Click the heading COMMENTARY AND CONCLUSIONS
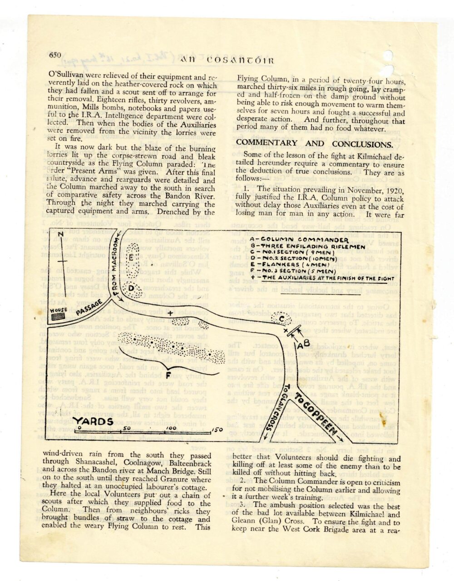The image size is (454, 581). (x=314, y=144)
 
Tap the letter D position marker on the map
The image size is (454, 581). (x=130, y=288)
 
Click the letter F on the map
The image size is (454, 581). (x=168, y=374)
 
